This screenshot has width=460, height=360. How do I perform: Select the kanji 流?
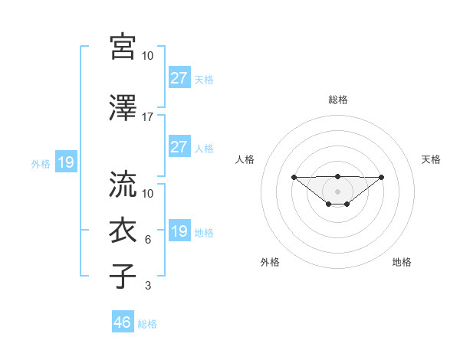coord(123,185)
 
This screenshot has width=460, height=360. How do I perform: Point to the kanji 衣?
coord(123,231)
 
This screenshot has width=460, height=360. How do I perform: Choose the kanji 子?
coord(123,276)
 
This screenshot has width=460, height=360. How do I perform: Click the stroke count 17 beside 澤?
coord(148,117)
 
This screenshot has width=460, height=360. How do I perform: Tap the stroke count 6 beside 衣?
coord(148,240)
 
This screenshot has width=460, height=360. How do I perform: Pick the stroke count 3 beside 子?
coord(148,286)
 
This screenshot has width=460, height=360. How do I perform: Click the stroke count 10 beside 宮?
coord(148,56)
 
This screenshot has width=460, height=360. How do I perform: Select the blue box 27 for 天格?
coord(179,78)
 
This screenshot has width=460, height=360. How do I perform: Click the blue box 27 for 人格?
coord(179,147)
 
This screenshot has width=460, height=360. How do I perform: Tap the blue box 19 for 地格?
coord(179,231)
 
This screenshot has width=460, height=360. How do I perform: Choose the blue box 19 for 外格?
coord(65,162)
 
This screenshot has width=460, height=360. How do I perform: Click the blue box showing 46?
coord(123,322)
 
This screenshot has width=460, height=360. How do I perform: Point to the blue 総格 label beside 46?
coord(147,323)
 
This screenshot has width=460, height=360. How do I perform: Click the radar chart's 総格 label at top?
coord(338,100)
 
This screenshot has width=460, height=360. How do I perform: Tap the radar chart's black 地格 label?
coord(402,262)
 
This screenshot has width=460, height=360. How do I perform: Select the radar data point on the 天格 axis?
coord(382,177)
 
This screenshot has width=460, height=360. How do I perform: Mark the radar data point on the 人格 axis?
coord(294,177)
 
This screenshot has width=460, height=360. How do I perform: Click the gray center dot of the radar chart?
coord(338,191)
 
